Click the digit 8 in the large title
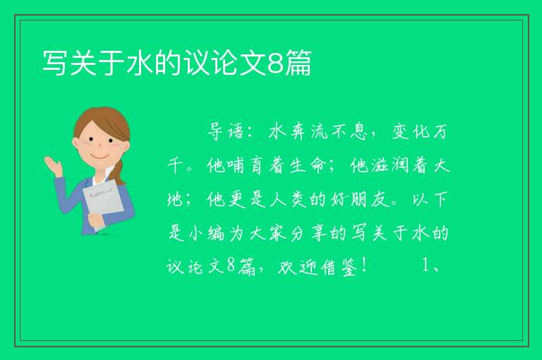(x=275, y=63)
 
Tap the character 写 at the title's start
(x=55, y=63)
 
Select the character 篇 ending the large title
(x=299, y=63)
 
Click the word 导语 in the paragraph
(x=225, y=132)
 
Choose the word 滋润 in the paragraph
(x=390, y=166)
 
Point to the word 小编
(x=206, y=234)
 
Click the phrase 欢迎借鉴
(x=318, y=267)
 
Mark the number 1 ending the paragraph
(x=426, y=266)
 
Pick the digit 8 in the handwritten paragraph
(x=231, y=266)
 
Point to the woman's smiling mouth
(x=100, y=157)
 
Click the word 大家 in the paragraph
(x=268, y=234)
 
